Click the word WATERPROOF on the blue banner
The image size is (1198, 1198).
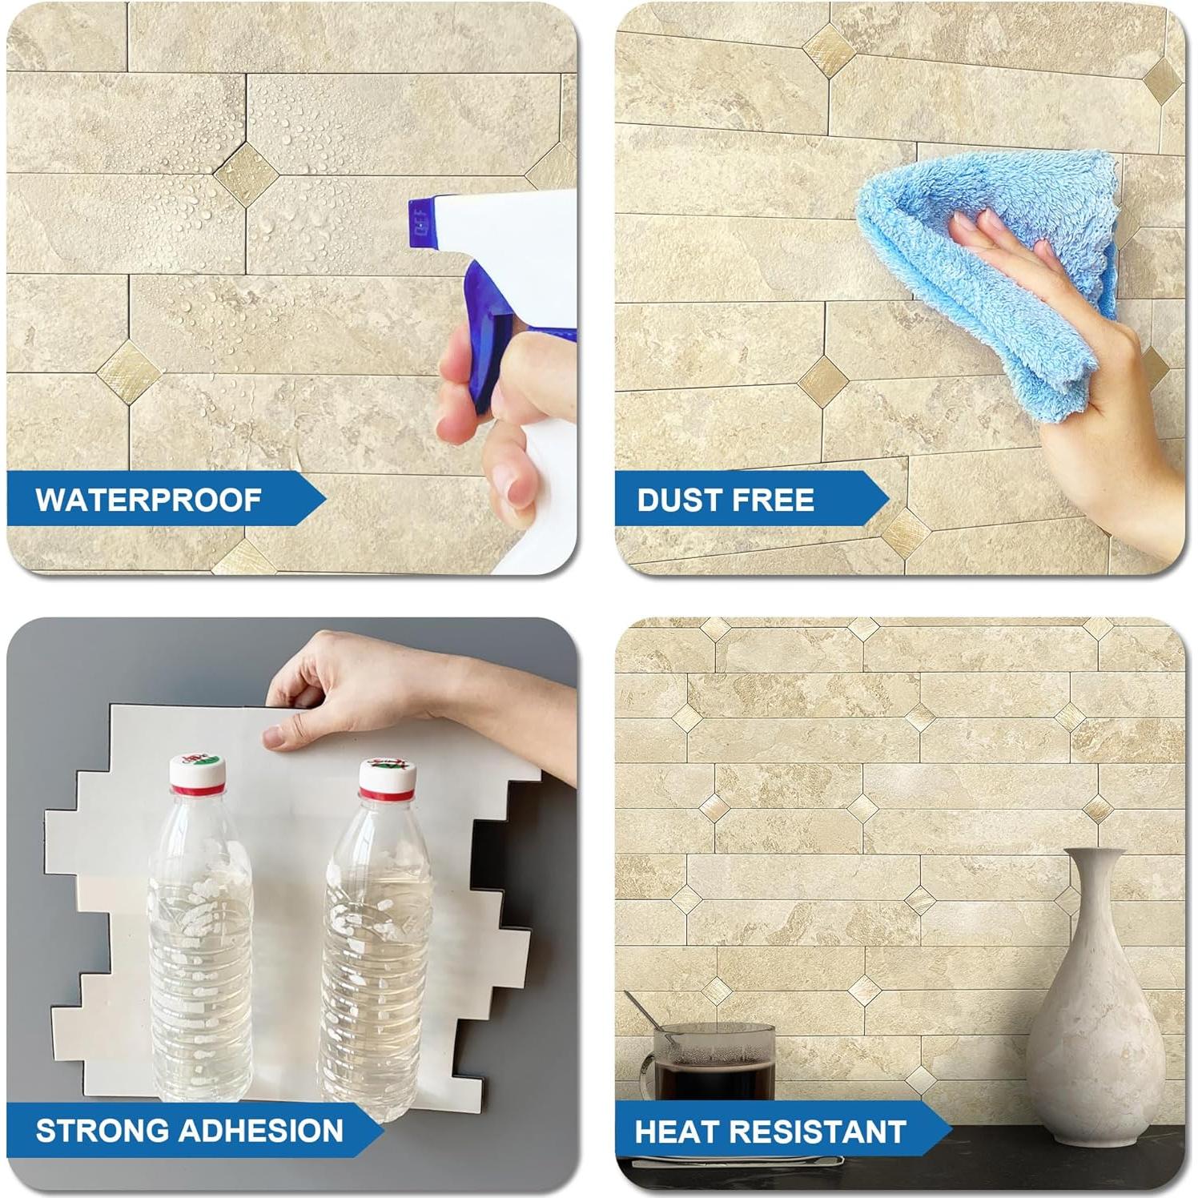click(148, 500)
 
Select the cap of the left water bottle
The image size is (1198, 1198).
click(197, 772)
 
